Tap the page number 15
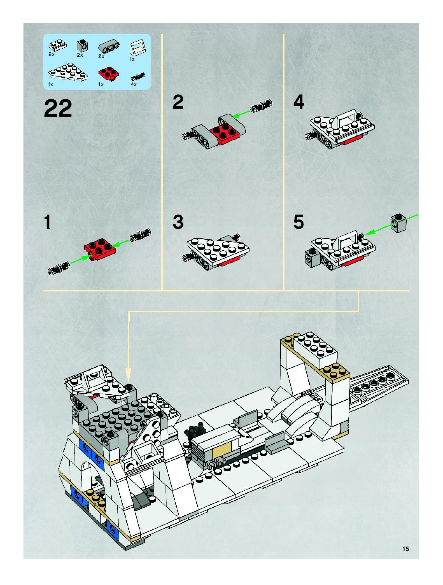click(x=406, y=549)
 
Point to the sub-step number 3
click(x=178, y=222)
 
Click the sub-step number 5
click(x=299, y=222)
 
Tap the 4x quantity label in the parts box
click(x=134, y=84)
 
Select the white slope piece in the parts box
click(x=138, y=49)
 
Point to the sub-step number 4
click(x=299, y=102)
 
